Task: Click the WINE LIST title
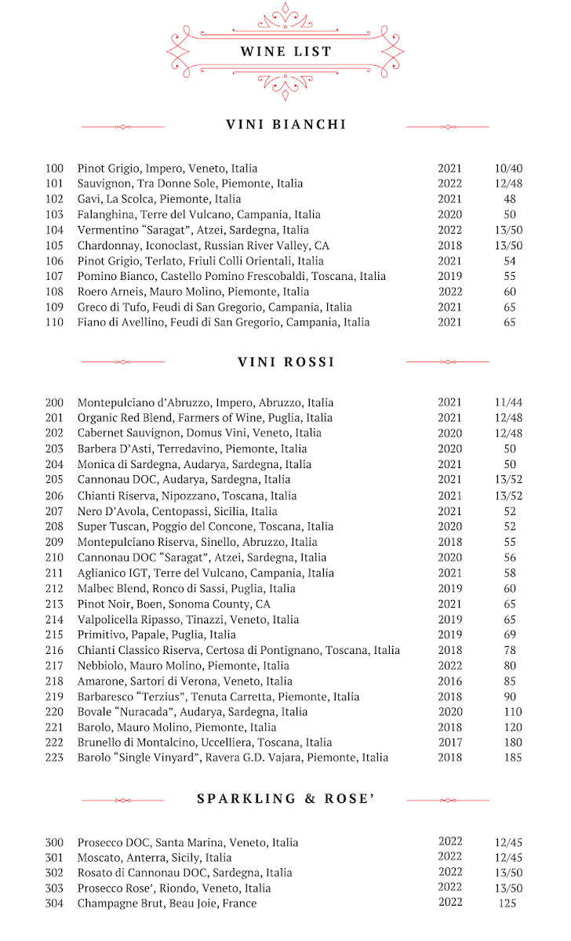285,52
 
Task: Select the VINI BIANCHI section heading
285,125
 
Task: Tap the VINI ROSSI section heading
285,362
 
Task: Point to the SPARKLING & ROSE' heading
285,798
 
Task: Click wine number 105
54,245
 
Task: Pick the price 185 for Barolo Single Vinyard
510,758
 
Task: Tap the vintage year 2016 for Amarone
450,681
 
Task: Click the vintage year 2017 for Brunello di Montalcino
450,743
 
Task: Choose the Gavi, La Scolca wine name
159,199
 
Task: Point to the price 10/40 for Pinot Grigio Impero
508,169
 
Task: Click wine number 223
54,758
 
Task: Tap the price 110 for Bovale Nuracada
510,712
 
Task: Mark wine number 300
54,843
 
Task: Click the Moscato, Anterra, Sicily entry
155,858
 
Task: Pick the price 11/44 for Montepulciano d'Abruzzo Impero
508,402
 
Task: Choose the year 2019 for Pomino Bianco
450,276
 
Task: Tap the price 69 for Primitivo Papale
510,634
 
